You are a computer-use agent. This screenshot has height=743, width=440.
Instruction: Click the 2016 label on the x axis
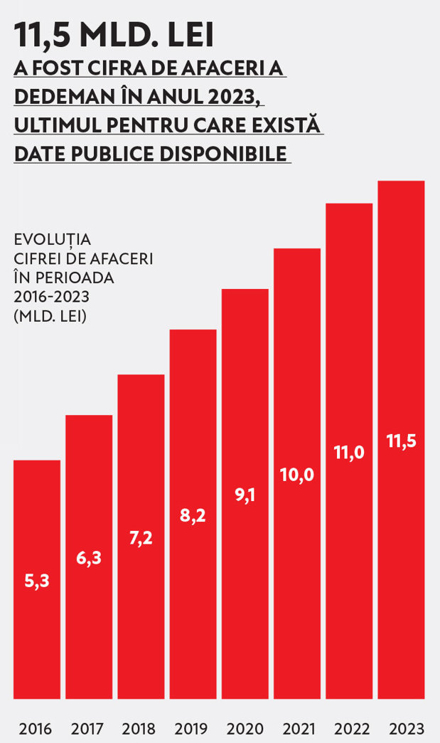point(36,728)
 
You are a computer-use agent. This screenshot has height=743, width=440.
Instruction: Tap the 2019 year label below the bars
point(191,728)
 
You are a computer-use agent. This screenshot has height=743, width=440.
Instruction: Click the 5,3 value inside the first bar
point(37,581)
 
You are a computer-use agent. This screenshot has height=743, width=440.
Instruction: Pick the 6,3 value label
point(89,558)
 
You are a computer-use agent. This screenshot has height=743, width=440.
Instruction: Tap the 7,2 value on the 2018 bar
point(141,538)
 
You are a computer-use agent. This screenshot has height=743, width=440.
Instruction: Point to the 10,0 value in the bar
point(297,475)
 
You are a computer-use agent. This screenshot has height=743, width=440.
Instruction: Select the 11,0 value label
point(349,453)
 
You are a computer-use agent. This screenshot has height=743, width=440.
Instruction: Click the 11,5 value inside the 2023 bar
point(401,441)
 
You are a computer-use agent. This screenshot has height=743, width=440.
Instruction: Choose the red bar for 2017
point(89,557)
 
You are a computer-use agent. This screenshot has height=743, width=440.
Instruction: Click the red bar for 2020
point(245,494)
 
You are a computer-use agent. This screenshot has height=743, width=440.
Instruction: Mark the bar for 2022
point(349,451)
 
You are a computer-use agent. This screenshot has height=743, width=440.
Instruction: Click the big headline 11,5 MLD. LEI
point(114,35)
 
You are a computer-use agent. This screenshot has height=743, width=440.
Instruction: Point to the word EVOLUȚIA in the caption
point(52,239)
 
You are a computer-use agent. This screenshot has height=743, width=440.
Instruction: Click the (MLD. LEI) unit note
point(50,316)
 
